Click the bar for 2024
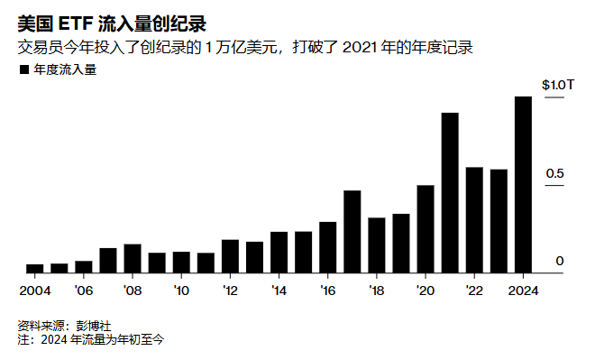click(523, 185)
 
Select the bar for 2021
click(450, 193)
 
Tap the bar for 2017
click(352, 232)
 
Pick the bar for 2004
click(35, 269)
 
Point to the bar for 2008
click(133, 259)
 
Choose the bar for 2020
click(426, 229)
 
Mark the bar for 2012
click(230, 256)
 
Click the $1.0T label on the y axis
click(558, 85)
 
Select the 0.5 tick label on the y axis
click(554, 173)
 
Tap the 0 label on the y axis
click(560, 261)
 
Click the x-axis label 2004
click(35, 291)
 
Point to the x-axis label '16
click(328, 291)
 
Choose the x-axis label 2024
click(523, 291)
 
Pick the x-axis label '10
click(181, 291)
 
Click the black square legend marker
click(24, 69)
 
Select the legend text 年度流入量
click(65, 69)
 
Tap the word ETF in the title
click(76, 24)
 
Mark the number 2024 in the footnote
click(54, 339)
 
